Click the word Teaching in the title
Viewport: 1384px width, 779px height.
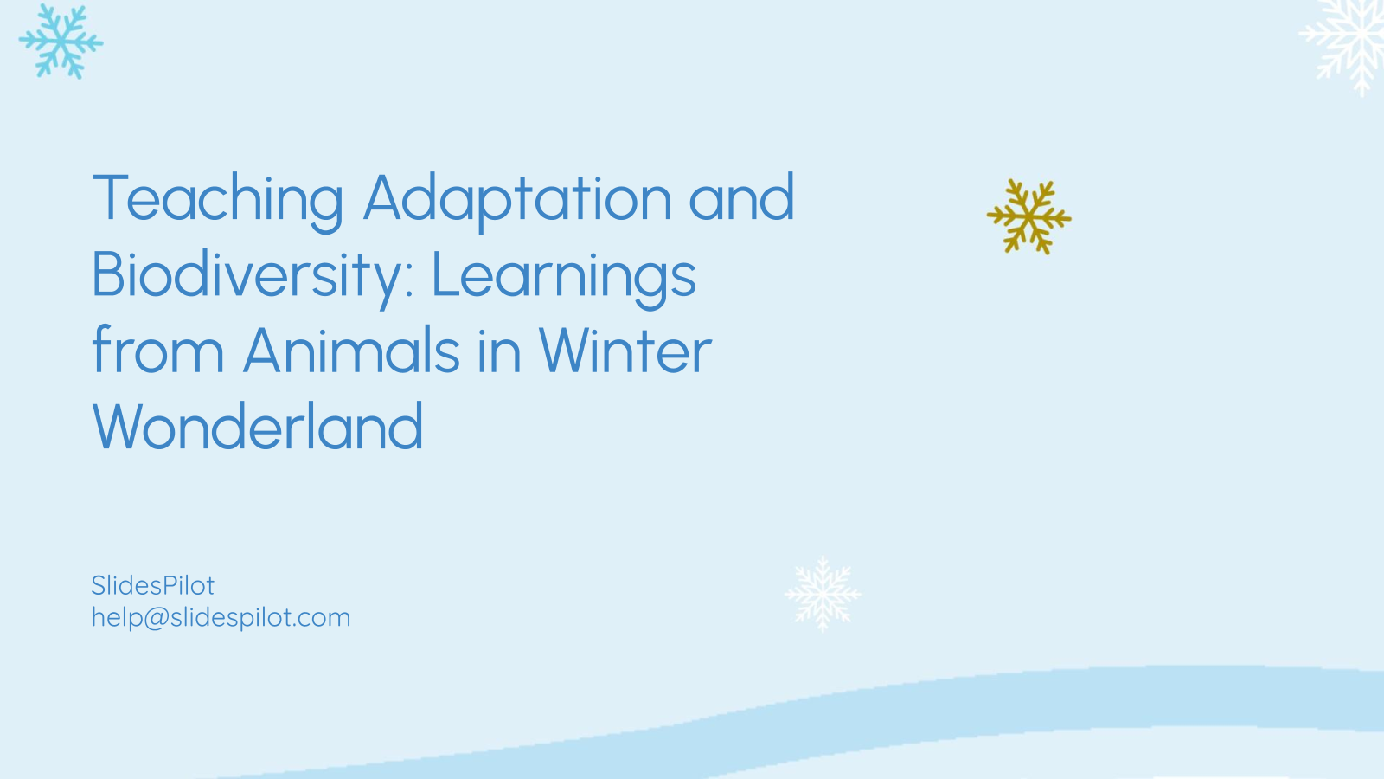[x=218, y=200]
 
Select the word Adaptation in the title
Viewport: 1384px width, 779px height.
[x=517, y=200]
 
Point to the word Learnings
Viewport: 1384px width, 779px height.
[x=563, y=276]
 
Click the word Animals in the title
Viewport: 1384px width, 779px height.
[x=351, y=351]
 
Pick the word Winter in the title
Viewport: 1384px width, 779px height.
[x=625, y=351]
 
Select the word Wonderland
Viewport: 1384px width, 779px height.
[x=258, y=428]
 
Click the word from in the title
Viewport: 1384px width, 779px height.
[x=157, y=351]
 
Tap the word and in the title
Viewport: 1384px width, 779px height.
[x=741, y=198]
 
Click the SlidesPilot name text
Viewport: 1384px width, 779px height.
[x=152, y=586]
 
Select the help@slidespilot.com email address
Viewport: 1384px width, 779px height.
[x=221, y=618]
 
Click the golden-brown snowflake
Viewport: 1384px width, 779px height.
[x=1028, y=216]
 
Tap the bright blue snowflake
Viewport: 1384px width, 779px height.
[x=61, y=41]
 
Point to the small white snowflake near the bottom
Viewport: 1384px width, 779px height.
[x=823, y=594]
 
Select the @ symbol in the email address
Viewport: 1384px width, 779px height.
[x=156, y=618]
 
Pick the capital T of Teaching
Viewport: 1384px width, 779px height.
[x=111, y=198]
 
